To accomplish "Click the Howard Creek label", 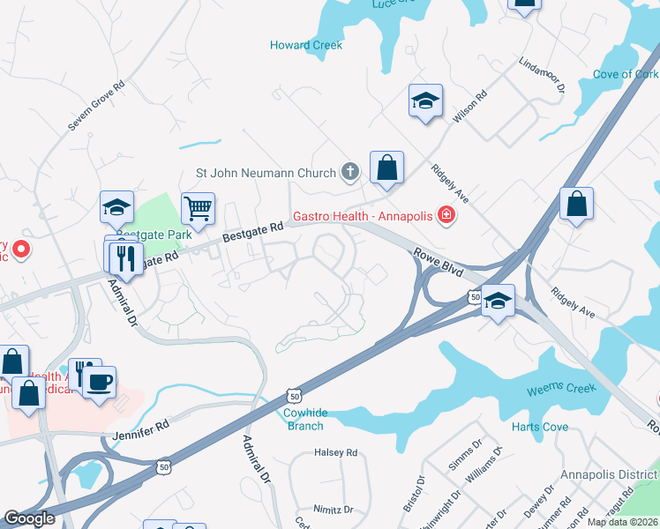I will [x=306, y=45].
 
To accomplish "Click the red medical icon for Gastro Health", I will [x=446, y=215].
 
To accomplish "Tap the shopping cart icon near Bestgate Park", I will [x=198, y=209].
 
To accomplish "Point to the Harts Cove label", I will [x=540, y=428].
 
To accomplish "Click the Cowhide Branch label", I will [x=304, y=419].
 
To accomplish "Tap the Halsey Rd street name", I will [x=335, y=453].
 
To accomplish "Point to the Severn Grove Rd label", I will [x=96, y=108].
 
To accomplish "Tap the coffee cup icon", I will [x=99, y=383].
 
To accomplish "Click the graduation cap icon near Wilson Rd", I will [x=425, y=101].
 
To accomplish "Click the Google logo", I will [x=29, y=518].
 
